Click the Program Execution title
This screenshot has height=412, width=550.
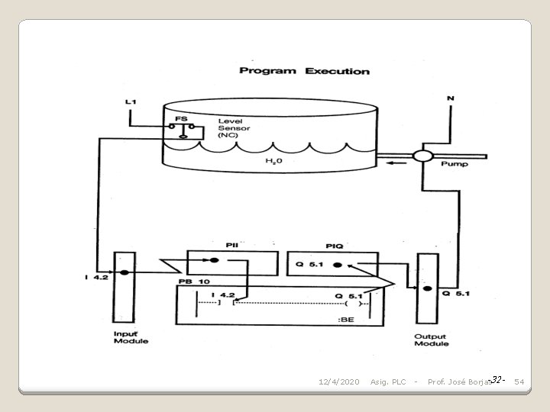(x=304, y=71)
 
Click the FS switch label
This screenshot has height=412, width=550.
(x=181, y=119)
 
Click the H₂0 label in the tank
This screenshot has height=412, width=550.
(x=273, y=162)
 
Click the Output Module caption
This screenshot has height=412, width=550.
(x=431, y=340)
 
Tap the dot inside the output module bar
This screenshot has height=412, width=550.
(x=426, y=289)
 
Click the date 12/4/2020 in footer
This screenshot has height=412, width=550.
(x=338, y=381)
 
